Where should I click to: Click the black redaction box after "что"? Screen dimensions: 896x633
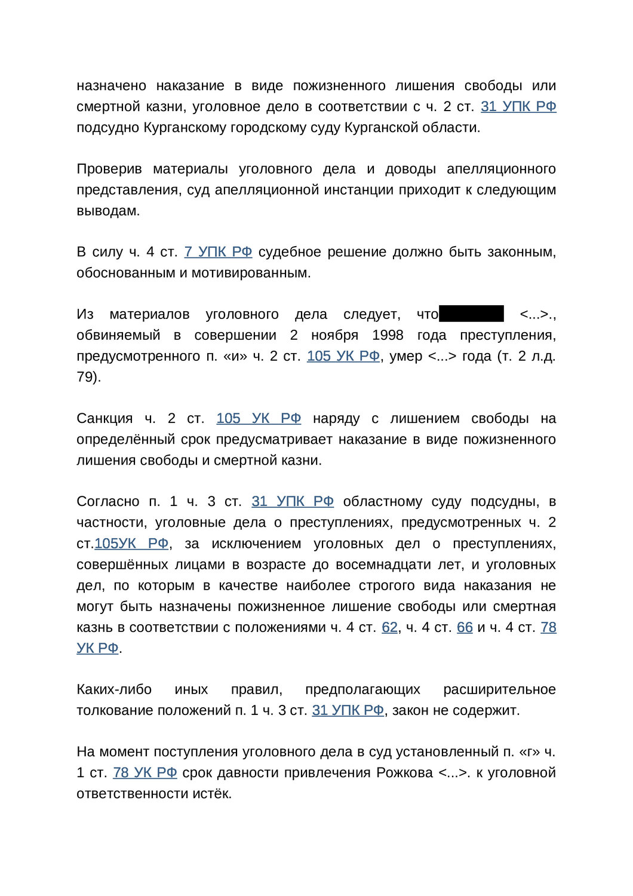pos(471,314)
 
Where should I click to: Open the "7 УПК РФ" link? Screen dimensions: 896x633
pos(218,252)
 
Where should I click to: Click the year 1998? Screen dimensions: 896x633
pos(388,335)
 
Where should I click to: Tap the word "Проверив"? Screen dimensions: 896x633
pos(109,169)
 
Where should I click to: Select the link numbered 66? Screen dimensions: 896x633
pos(465,627)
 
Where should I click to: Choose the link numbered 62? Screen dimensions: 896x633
pos(389,627)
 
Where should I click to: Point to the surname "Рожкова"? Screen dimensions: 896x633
pos(404,772)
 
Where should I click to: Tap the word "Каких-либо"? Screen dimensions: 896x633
pos(114,689)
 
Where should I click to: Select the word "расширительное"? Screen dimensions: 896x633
pos(499,689)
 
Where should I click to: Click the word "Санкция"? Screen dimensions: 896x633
pos(105,418)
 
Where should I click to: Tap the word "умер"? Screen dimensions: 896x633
pos(405,356)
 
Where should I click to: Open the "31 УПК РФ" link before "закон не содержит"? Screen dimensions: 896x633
pos(348,710)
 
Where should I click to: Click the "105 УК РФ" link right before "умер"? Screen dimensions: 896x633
pos(343,356)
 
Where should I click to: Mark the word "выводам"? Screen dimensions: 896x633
pos(107,211)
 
